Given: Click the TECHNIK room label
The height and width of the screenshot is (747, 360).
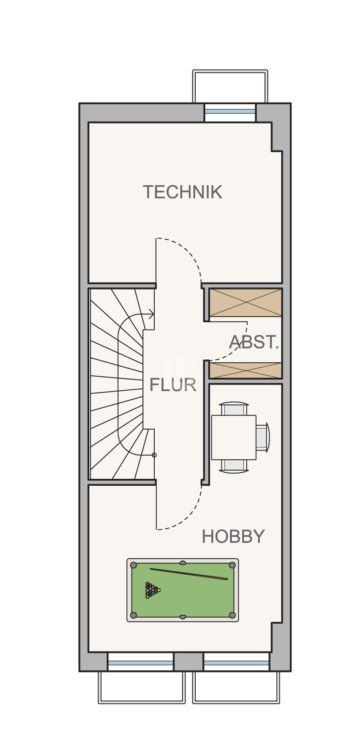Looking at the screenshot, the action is pos(182,192).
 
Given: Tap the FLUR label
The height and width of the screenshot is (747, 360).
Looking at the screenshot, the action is pos(173,385).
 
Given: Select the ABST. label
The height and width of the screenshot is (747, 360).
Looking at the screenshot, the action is pos(254,342).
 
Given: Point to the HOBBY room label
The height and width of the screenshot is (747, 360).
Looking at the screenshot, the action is pos(233,536).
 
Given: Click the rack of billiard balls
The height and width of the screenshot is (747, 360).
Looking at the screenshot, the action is pos(152,590).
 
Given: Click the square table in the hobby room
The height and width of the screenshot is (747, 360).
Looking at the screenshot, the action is pos(234,437).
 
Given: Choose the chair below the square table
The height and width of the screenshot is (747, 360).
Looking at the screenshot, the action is pos(234,466).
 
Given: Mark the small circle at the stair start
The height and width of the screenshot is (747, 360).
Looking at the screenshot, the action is pos(154,455).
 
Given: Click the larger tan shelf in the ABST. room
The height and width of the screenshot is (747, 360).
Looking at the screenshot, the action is pos(245,302).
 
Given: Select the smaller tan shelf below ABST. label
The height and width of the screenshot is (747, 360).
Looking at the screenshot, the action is pos(245,370).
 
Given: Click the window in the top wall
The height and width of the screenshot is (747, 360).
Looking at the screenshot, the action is pos(230,112).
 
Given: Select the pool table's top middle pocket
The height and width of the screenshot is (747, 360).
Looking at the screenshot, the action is pos(183,563).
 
